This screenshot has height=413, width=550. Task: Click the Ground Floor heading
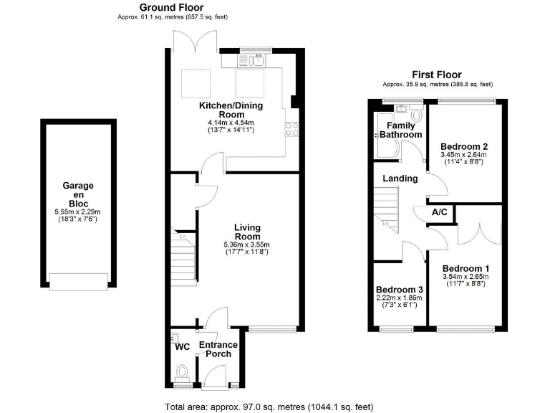pyautogui.click(x=175, y=6)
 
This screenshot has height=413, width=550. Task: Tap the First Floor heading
pyautogui.click(x=436, y=75)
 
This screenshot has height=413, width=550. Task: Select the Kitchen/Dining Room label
pyautogui.click(x=231, y=110)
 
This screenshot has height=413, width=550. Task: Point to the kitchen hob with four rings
pyautogui.click(x=292, y=130)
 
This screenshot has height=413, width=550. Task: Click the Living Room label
pyautogui.click(x=247, y=232)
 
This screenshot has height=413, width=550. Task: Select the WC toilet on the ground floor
pyautogui.click(x=182, y=373)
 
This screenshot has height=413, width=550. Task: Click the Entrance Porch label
pyautogui.click(x=218, y=351)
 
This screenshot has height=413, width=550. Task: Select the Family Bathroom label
pyautogui.click(x=400, y=130)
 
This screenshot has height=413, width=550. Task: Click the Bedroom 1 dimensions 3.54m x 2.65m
pyautogui.click(x=465, y=276)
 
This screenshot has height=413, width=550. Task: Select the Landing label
pyautogui.click(x=400, y=179)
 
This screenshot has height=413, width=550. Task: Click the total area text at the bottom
pyautogui.click(x=269, y=407)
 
